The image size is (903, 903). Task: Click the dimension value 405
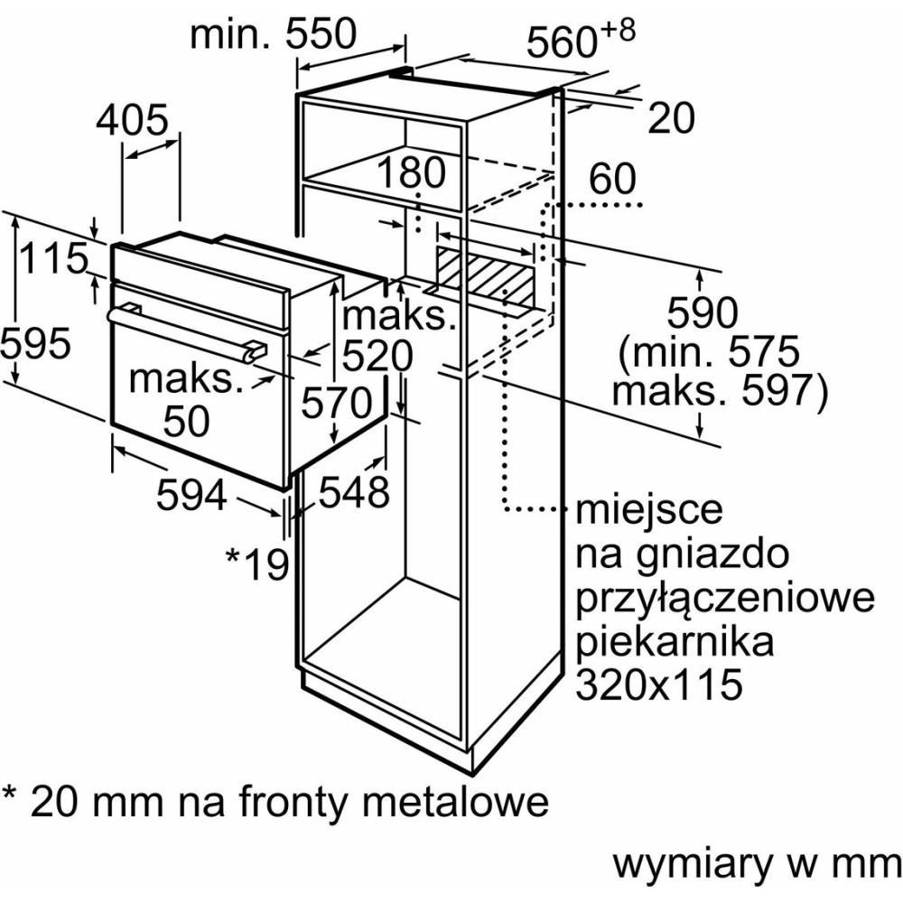133,120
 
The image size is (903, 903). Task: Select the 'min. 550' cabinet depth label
275,36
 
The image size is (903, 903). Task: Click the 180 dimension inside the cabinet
412,172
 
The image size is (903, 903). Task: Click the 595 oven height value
35,343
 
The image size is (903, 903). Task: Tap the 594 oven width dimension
191,495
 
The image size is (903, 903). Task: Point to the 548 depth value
353,492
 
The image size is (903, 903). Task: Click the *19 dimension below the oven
257,563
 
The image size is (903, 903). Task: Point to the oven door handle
185,330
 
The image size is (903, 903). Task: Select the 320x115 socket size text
658,684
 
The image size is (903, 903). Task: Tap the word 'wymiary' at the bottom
693,864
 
